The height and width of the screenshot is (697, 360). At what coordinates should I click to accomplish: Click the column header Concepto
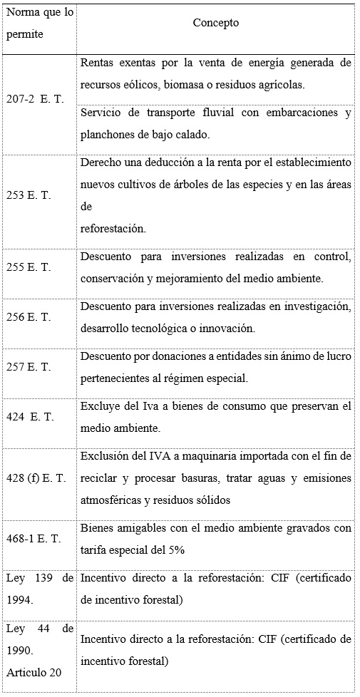(x=215, y=23)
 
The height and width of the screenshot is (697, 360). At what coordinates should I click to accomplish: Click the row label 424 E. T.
(x=31, y=416)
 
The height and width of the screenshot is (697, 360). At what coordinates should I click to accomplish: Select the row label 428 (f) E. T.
(x=37, y=478)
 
